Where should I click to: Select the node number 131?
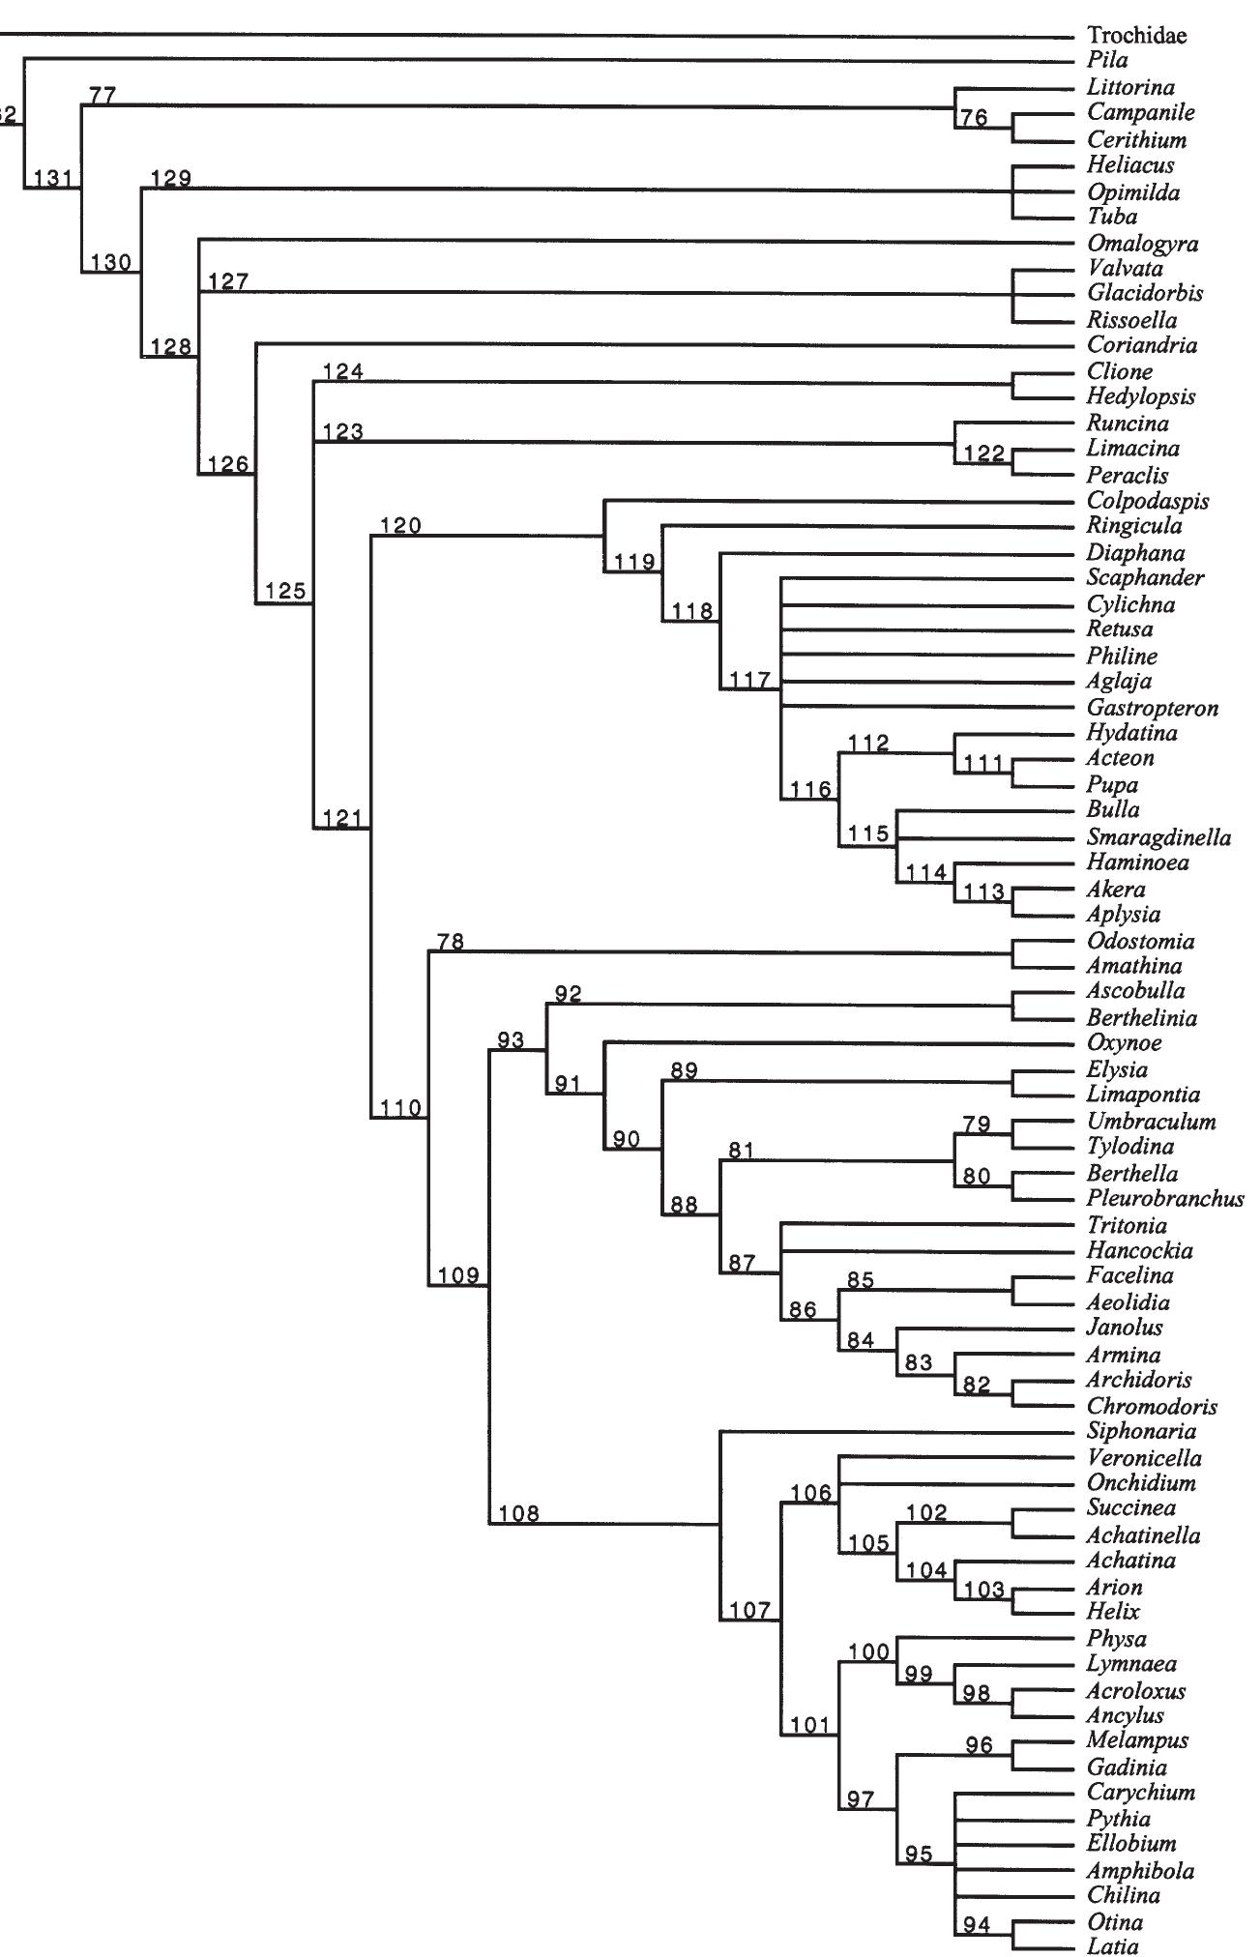[52, 178]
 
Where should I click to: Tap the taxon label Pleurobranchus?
[1165, 1199]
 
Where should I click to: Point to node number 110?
[399, 1108]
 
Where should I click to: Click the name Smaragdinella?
[1158, 836]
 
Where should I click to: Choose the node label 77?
[103, 95]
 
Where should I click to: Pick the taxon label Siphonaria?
[1141, 1431]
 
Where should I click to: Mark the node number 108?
[519, 1514]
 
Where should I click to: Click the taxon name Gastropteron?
[1153, 709]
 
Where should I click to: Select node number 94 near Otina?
[977, 1925]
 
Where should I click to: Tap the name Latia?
[1113, 1945]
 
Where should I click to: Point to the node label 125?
[285, 592]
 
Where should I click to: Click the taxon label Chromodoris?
[1152, 1407]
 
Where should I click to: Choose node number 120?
[400, 526]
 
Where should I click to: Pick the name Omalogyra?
[1142, 244]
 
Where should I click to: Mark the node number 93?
[511, 1040]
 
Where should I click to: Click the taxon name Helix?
[1114, 1611]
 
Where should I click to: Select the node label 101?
[810, 1725]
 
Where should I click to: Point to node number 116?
[810, 789]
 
